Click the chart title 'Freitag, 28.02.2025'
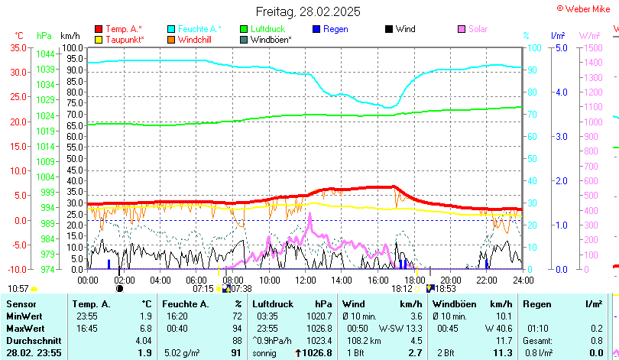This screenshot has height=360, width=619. pyautogui.click(x=308, y=12)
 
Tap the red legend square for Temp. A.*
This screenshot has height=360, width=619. pyautogui.click(x=98, y=29)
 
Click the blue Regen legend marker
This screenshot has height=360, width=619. pyautogui.click(x=317, y=29)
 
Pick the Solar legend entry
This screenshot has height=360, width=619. pyautogui.click(x=478, y=29)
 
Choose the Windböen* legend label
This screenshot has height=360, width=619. pyautogui.click(x=271, y=40)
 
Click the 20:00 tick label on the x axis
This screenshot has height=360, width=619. pyautogui.click(x=450, y=280)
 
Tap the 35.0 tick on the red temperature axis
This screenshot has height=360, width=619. pyautogui.click(x=18, y=48)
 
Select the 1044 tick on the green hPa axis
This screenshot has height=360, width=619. pyautogui.click(x=45, y=54)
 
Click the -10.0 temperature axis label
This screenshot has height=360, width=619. pyautogui.click(x=17, y=270)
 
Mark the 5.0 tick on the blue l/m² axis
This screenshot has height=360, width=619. pyautogui.click(x=560, y=48)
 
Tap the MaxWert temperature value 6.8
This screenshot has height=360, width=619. pyautogui.click(x=145, y=328)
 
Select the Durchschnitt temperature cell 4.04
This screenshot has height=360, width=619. pyautogui.click(x=143, y=340)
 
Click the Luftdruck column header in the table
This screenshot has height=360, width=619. pyautogui.click(x=274, y=304)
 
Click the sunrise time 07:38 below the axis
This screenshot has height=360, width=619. pyautogui.click(x=241, y=289)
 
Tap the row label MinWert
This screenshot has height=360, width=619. pyautogui.click(x=24, y=316)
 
